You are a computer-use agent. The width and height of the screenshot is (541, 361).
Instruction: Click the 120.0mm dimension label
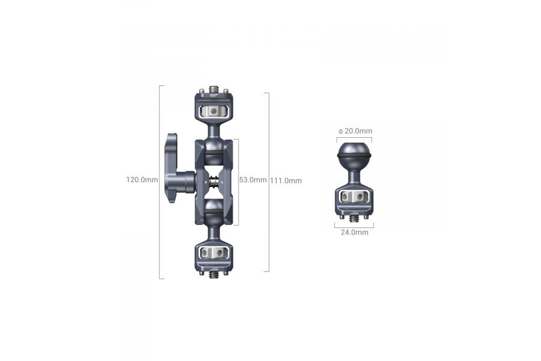pyautogui.click(x=142, y=179)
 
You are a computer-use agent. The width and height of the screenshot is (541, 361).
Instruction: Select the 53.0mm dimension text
pyautogui.click(x=252, y=180)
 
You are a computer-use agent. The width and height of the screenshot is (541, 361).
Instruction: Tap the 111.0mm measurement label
pyautogui.click(x=286, y=180)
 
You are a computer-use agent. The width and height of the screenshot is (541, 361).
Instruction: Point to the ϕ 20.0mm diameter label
pyautogui.click(x=355, y=131)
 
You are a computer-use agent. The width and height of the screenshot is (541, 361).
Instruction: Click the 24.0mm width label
pyautogui.click(x=354, y=232)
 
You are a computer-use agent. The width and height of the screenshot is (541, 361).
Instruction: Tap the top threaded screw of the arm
pyautogui.click(x=215, y=88)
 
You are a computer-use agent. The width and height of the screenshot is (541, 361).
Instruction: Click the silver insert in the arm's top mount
pyautogui.click(x=214, y=111)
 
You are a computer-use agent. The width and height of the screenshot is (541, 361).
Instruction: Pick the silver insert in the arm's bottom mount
pyautogui.click(x=214, y=252)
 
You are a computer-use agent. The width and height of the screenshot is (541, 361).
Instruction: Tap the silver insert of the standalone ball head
pyautogui.click(x=354, y=197)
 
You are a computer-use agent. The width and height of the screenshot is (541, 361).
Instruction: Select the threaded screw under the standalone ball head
pyautogui.click(x=354, y=218)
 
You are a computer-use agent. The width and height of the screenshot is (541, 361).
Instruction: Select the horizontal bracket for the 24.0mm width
pyautogui.click(x=354, y=226)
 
